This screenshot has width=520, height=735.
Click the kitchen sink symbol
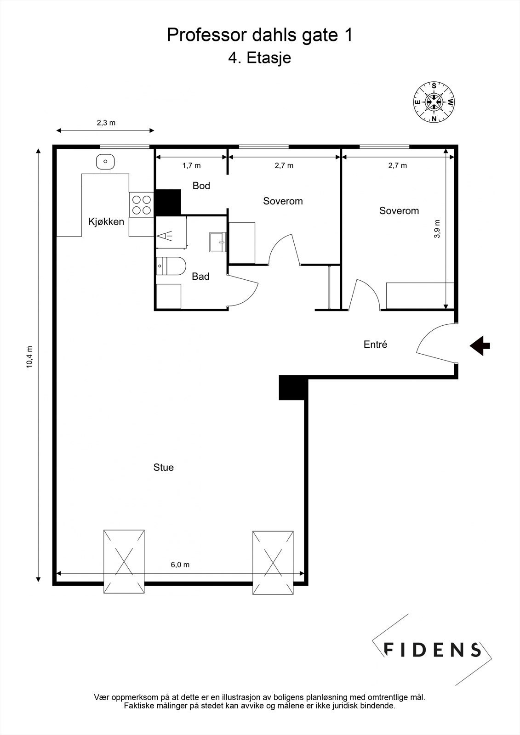105,162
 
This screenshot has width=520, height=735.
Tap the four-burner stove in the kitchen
141,205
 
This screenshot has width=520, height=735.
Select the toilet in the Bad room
171,266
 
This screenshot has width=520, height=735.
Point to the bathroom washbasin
218,242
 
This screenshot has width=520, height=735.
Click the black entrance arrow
480,345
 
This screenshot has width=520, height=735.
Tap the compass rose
434,102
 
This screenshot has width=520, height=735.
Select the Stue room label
163,467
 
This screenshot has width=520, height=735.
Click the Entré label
375,344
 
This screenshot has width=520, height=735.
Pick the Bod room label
201,186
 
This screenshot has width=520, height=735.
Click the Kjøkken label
106,222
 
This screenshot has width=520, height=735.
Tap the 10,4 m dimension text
29,357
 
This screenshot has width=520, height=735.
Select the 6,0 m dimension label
180,565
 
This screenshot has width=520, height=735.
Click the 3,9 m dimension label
437,229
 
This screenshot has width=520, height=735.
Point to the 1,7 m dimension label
192,166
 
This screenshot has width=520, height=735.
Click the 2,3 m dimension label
106,123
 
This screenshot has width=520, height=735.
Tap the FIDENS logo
432,650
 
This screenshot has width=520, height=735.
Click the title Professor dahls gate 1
260,35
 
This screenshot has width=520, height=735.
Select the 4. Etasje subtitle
259,58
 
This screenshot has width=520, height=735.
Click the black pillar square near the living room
293,388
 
